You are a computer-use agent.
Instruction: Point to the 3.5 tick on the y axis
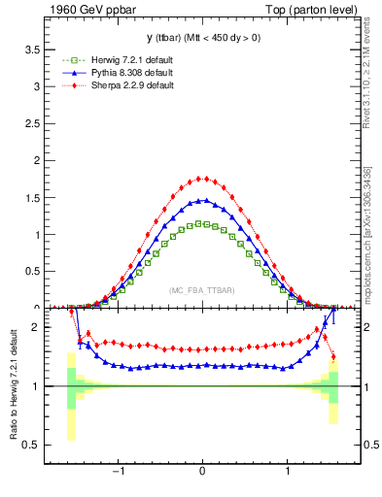point(33,49)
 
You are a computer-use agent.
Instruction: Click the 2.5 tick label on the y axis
point(33,123)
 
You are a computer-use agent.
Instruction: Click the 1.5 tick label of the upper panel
point(33,197)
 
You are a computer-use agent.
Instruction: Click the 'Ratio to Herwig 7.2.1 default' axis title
point(12,385)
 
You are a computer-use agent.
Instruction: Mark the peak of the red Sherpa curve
point(202,178)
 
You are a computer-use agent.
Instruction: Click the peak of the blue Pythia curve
point(202,200)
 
